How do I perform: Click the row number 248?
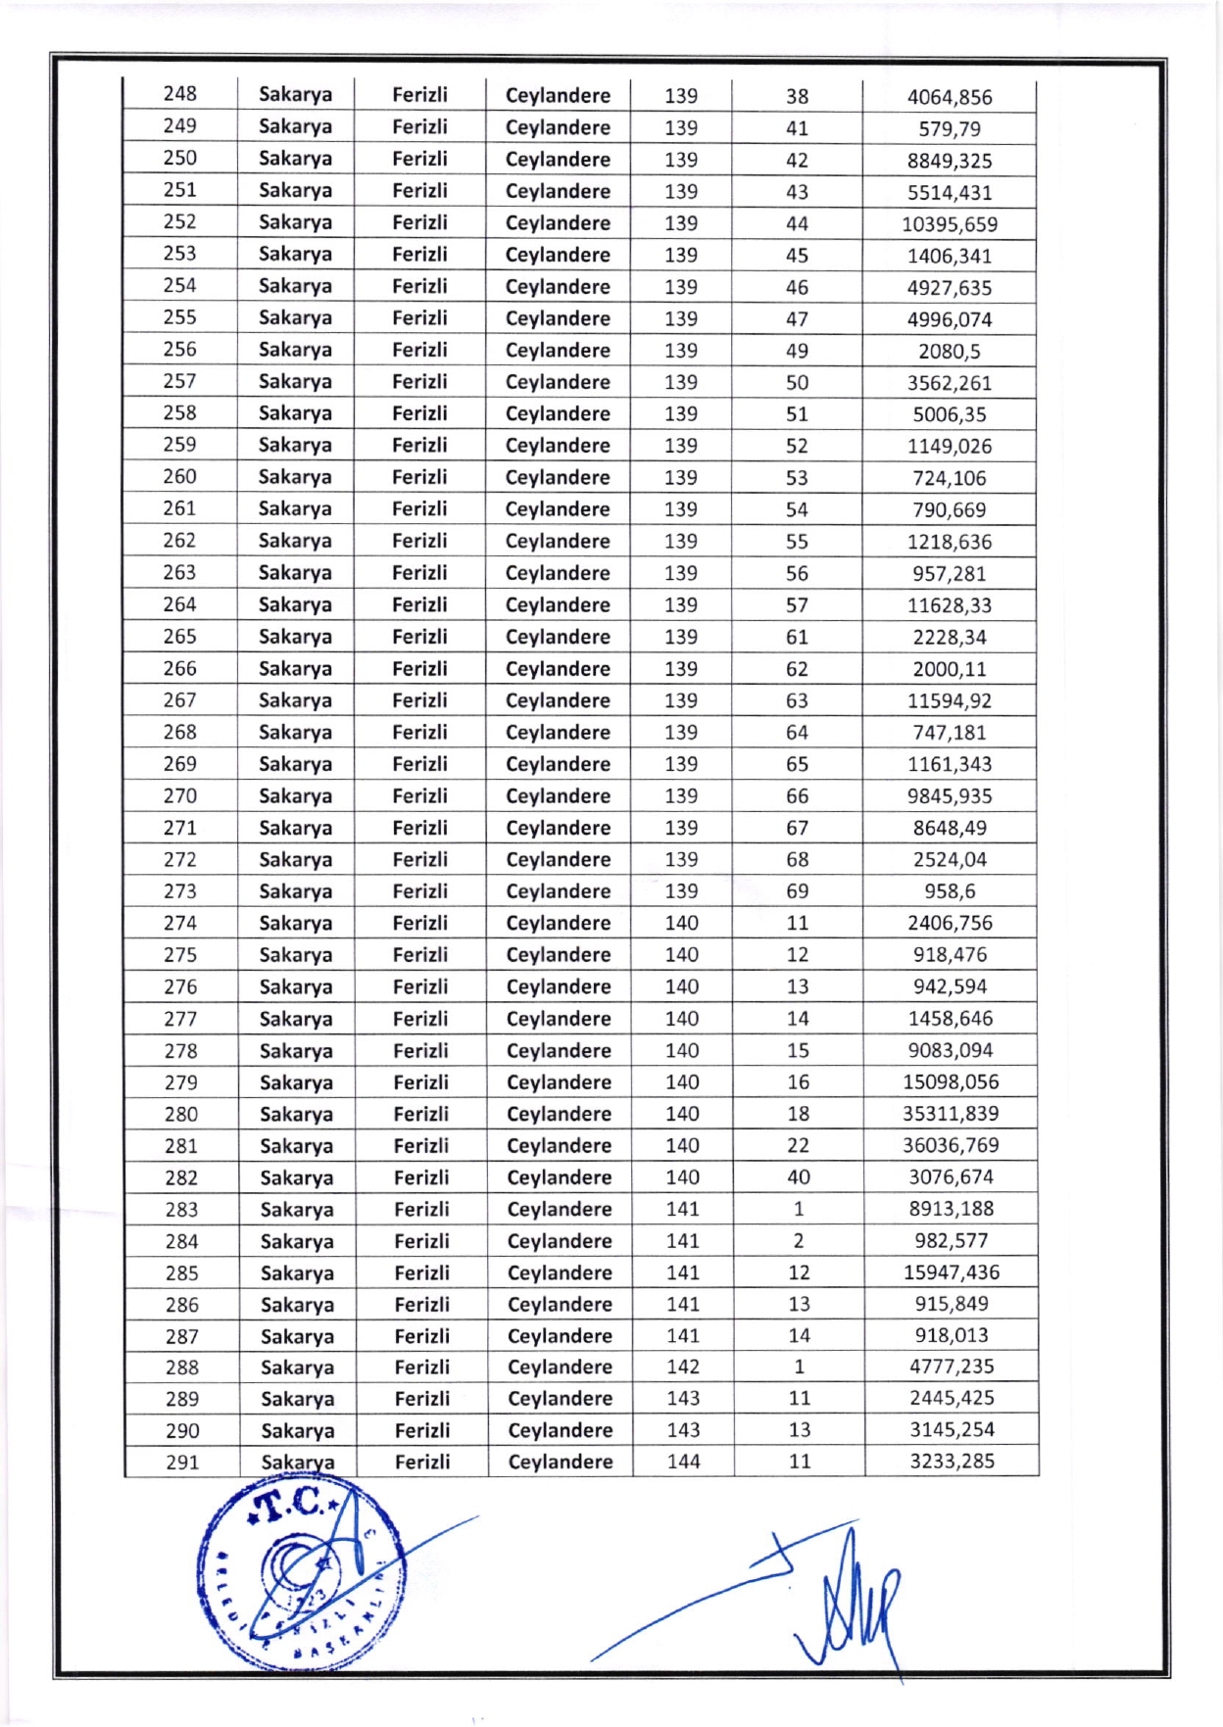point(179,94)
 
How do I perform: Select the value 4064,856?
point(949,97)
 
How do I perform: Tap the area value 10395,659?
point(949,224)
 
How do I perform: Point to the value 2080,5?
point(949,352)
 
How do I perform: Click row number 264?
point(179,604)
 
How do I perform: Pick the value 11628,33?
point(949,605)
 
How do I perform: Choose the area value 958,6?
point(949,891)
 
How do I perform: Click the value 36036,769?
point(950,1145)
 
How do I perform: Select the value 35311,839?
point(950,1114)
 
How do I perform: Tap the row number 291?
point(182,1463)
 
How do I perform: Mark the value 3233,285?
point(951,1462)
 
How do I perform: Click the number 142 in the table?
point(683,1367)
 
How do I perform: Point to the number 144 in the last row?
point(683,1462)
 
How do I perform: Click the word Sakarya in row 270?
point(295,796)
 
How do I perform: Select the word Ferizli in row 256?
point(419,350)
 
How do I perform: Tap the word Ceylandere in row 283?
point(559,1210)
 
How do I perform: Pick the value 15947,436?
point(951,1272)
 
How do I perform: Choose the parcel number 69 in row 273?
point(797,891)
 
